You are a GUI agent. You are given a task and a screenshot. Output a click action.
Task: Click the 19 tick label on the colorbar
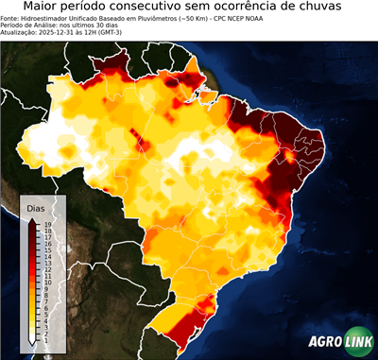click(46, 225)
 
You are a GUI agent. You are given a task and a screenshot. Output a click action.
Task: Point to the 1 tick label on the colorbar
click(45, 339)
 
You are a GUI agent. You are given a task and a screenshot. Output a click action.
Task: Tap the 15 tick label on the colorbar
click(46, 249)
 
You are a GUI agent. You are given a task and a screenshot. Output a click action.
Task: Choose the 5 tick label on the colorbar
click(45, 314)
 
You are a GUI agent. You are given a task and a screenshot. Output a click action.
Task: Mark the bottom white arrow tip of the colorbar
click(32, 342)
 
